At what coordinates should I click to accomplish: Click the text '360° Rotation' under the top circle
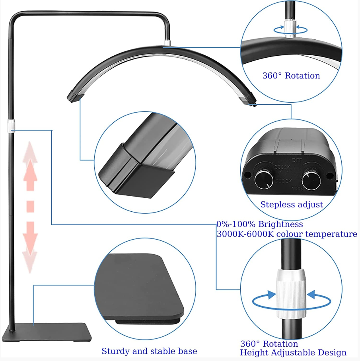coord(291,76)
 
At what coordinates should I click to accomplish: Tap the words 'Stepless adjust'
coord(292,205)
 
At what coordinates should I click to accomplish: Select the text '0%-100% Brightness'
coord(260,224)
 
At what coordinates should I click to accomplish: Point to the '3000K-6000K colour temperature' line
coord(287,234)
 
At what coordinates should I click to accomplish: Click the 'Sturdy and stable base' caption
coord(149,351)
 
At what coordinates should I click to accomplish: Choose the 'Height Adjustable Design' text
coord(293,353)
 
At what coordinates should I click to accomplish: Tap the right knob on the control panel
coord(311,180)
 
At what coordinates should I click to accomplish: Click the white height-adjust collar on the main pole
coord(11,126)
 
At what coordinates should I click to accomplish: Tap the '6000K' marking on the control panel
coord(282,167)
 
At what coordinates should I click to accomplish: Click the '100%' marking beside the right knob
coord(298,188)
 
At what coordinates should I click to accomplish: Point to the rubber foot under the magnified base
coord(148,322)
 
